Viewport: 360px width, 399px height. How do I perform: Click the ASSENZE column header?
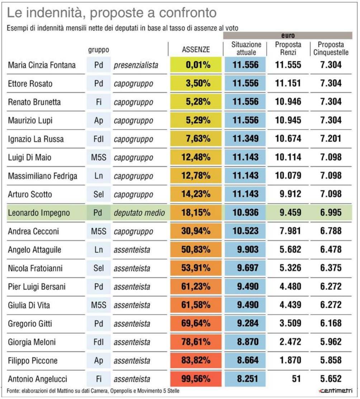click(196, 50)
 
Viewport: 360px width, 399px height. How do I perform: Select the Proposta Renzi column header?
click(288, 49)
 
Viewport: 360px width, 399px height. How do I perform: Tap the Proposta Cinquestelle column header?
click(331, 49)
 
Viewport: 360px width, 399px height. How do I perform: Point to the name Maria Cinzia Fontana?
click(42, 65)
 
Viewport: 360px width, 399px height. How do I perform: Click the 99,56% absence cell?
click(196, 379)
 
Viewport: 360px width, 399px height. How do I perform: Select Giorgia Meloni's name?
click(29, 342)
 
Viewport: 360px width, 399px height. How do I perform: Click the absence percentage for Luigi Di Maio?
click(196, 158)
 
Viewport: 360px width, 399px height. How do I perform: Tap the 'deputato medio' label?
click(139, 213)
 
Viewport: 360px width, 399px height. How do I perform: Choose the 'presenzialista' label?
click(136, 65)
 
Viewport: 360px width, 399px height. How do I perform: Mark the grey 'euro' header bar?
click(288, 36)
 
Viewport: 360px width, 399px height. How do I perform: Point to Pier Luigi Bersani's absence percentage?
click(196, 287)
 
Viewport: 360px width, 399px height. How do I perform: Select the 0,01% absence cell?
click(196, 65)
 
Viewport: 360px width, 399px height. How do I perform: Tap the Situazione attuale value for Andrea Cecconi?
click(245, 231)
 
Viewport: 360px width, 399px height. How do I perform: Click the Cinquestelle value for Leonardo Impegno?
click(331, 213)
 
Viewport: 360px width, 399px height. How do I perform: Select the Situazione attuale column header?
click(245, 49)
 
